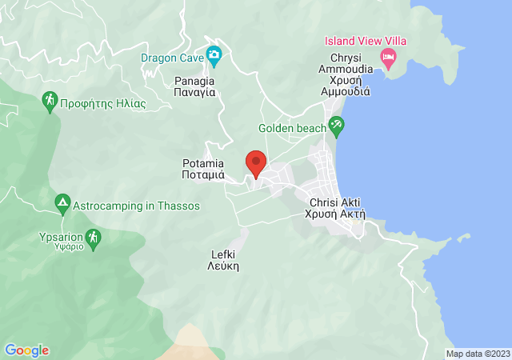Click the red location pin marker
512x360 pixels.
[x=256, y=163]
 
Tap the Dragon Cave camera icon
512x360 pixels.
[x=214, y=56]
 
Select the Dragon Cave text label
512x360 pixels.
[x=171, y=58]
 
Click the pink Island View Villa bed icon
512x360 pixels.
[x=388, y=56]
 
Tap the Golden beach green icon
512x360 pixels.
[x=337, y=126]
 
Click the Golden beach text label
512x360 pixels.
[x=292, y=128]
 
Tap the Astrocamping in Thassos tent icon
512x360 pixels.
[x=62, y=204]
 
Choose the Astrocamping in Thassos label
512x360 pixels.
[x=136, y=206]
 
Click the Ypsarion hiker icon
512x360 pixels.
[x=94, y=238]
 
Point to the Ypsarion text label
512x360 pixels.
[x=60, y=241]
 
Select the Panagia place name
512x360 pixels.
[x=195, y=86]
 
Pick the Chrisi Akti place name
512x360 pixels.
[x=335, y=208]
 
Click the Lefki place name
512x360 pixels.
[x=224, y=259]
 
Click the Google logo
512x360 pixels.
[x=26, y=350]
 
